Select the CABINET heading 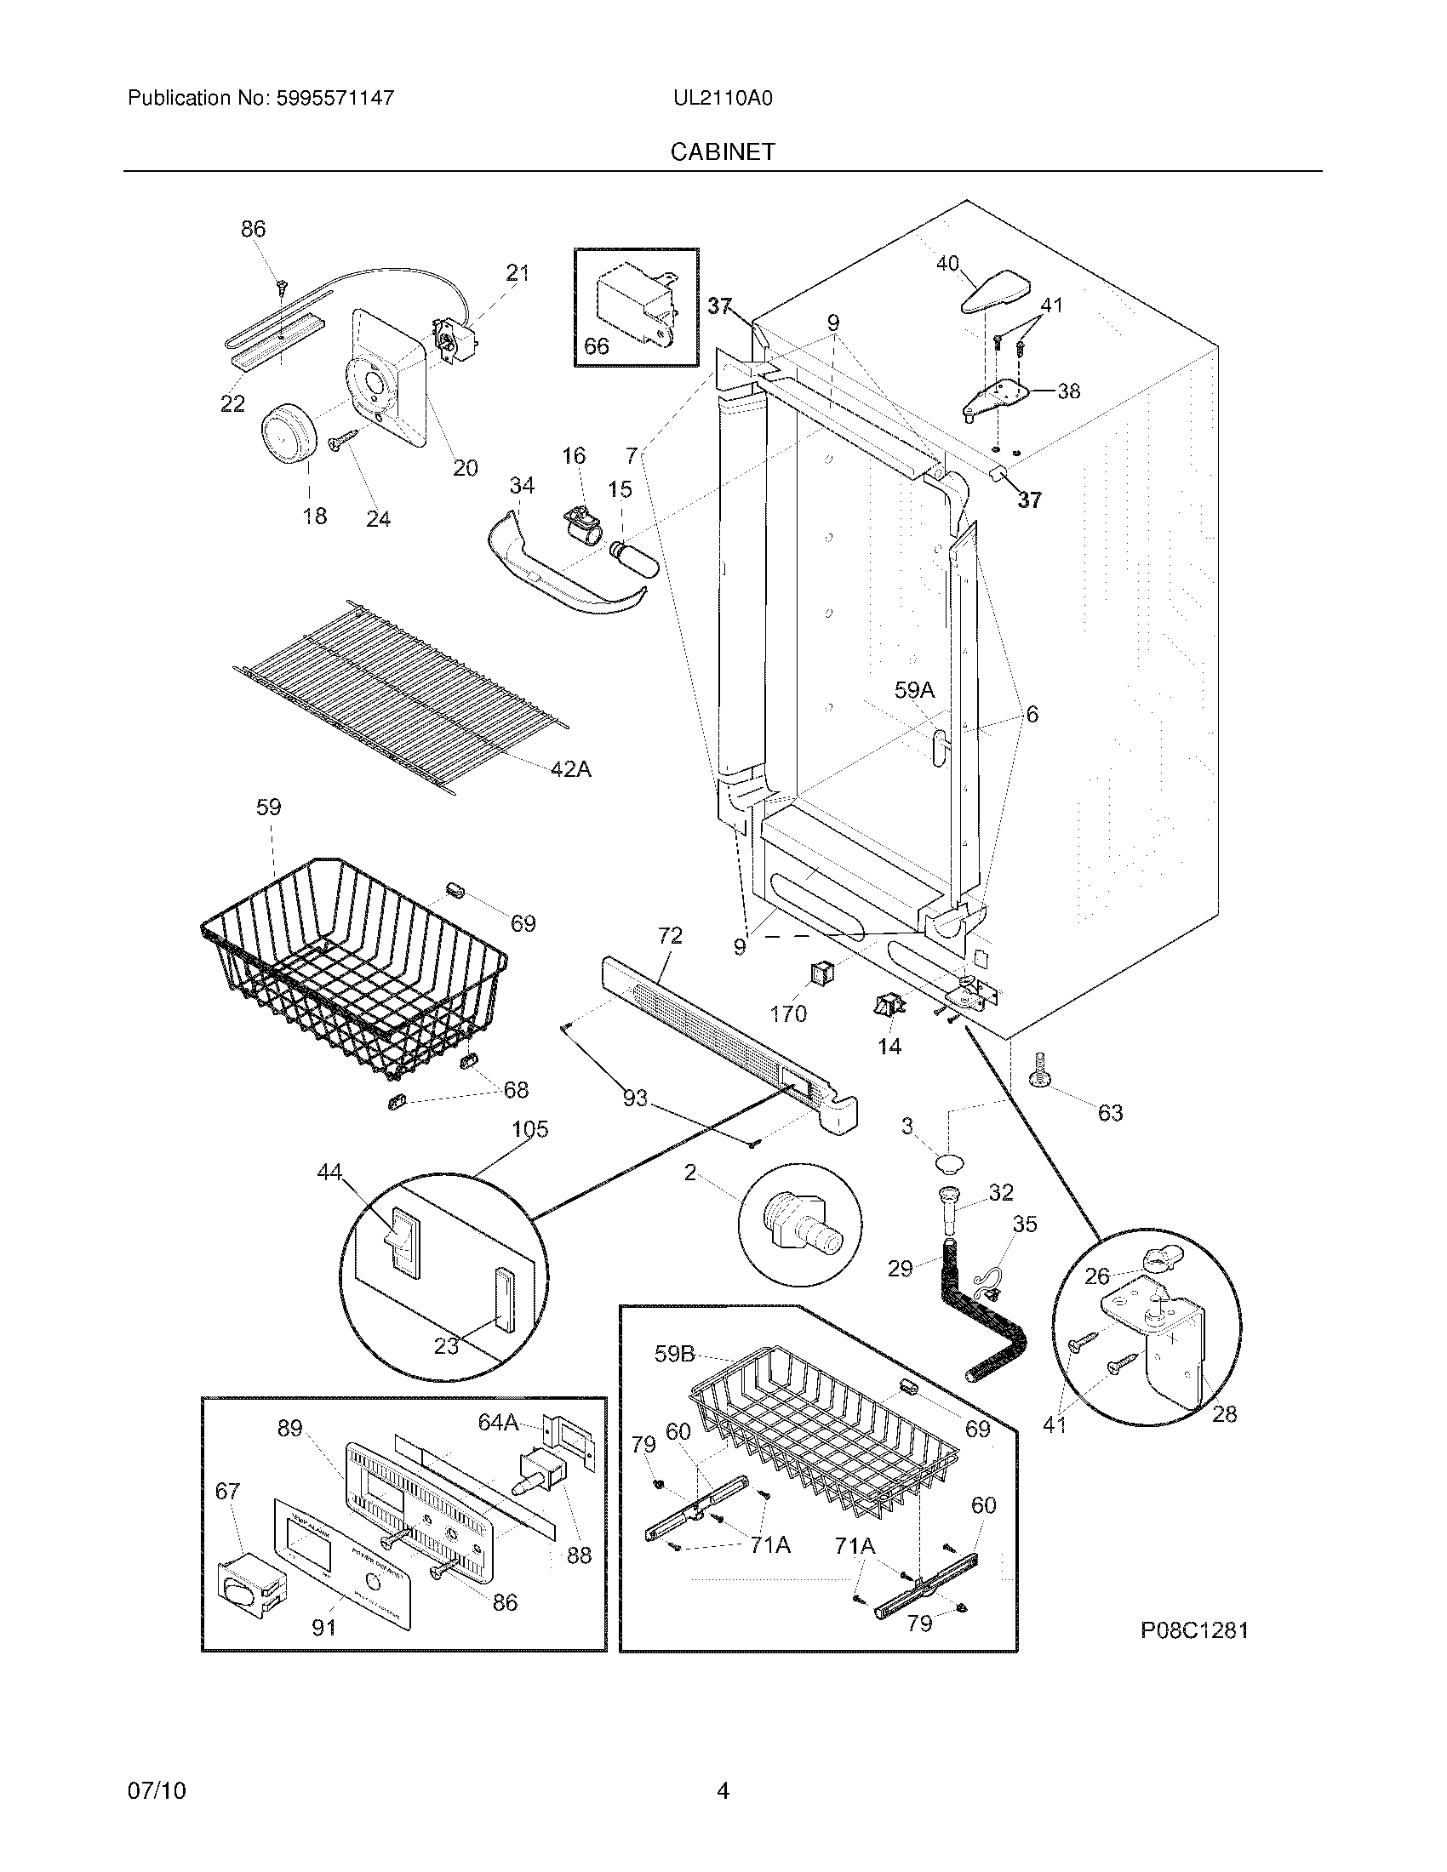pos(723,151)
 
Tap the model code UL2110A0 pos(723,99)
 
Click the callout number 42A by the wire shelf pos(570,769)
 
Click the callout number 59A pos(914,690)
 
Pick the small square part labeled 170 pos(821,973)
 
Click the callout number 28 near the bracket pos(1224,1413)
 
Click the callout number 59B pos(674,1354)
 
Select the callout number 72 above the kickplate pos(670,935)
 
